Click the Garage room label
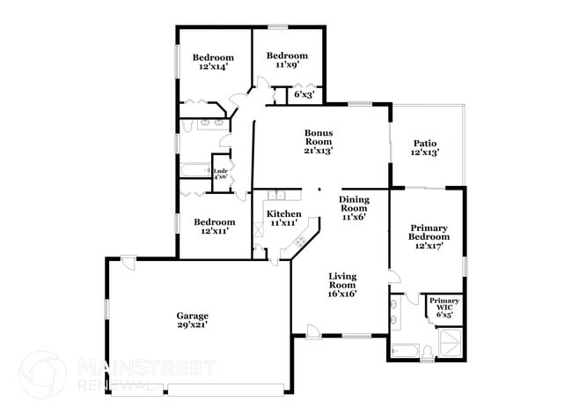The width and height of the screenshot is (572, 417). (x=192, y=316)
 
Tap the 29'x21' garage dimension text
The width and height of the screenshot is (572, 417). (x=192, y=325)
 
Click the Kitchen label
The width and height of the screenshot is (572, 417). (x=284, y=214)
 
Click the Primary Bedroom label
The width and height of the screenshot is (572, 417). (x=429, y=232)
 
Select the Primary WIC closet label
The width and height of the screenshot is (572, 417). (x=443, y=304)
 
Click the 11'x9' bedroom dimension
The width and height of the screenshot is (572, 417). (x=288, y=64)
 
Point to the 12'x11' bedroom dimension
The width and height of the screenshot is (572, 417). (x=216, y=232)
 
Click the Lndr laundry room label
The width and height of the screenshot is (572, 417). (x=220, y=168)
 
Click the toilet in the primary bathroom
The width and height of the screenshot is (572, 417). (x=426, y=352)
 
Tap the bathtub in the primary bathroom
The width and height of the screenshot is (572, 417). (x=404, y=350)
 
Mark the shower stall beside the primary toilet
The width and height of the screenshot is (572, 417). (x=450, y=344)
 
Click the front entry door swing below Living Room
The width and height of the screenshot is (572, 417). (x=312, y=331)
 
